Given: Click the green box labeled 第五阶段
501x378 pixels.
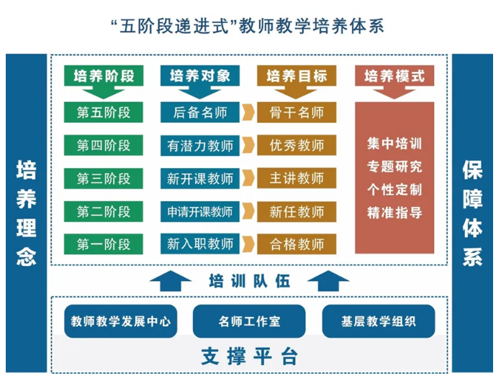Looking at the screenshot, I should (x=104, y=113).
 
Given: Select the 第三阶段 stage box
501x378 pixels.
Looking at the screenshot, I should (x=104, y=179).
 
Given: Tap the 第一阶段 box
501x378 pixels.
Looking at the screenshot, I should (x=104, y=244).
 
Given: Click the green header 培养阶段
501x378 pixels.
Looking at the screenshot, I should (x=104, y=76).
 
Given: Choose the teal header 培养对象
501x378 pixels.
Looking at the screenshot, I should (x=199, y=76).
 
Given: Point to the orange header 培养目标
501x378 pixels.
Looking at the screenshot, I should (x=296, y=76).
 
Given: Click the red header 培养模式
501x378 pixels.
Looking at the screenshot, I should (x=394, y=76).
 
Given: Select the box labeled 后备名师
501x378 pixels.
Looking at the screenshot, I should (x=199, y=113).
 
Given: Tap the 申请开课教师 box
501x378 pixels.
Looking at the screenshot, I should (x=199, y=212).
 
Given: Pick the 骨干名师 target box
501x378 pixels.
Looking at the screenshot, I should (x=297, y=113).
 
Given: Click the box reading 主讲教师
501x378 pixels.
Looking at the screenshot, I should (x=297, y=179).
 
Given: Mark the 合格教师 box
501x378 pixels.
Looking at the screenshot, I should (x=297, y=244).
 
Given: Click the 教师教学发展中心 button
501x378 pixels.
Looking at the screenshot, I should (x=120, y=321).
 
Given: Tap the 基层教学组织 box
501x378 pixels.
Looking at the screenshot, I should (x=379, y=321).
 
